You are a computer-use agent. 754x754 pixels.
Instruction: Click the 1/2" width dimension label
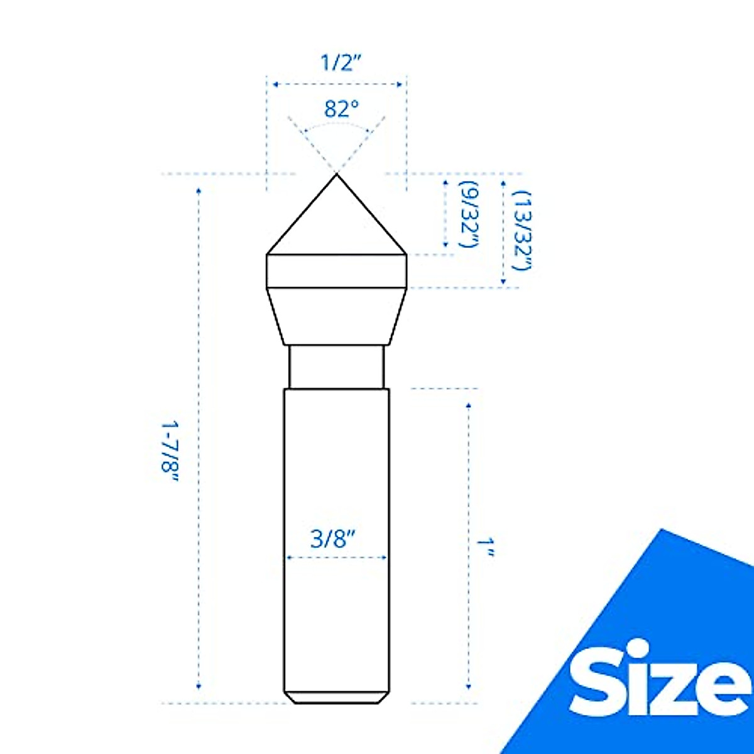pos(340,63)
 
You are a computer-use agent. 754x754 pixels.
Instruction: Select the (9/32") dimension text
pos(469,214)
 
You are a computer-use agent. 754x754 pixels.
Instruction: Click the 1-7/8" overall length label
pos(170,452)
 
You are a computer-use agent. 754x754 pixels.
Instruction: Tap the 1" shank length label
pos(485,547)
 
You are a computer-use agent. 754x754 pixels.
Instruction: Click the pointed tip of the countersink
pos(337,175)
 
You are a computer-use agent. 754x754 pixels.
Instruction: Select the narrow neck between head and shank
pos(337,367)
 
